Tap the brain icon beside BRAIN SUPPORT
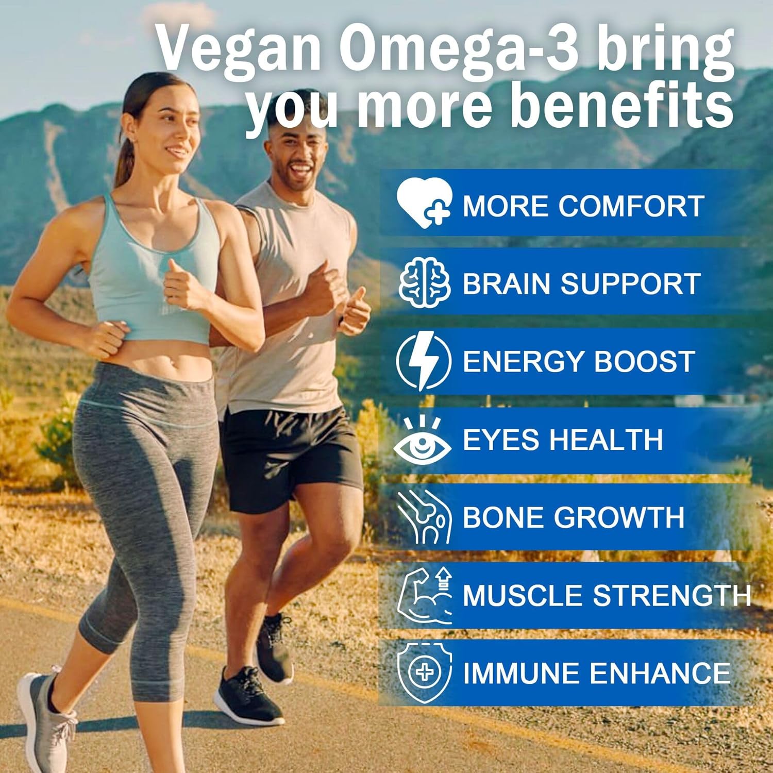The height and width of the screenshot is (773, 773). [424, 283]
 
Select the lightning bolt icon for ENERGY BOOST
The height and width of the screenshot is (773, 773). [424, 361]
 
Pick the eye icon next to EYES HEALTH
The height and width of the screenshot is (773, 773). [423, 441]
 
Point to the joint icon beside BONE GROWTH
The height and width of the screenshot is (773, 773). [424, 517]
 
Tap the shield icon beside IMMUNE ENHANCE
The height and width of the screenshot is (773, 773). [424, 673]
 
